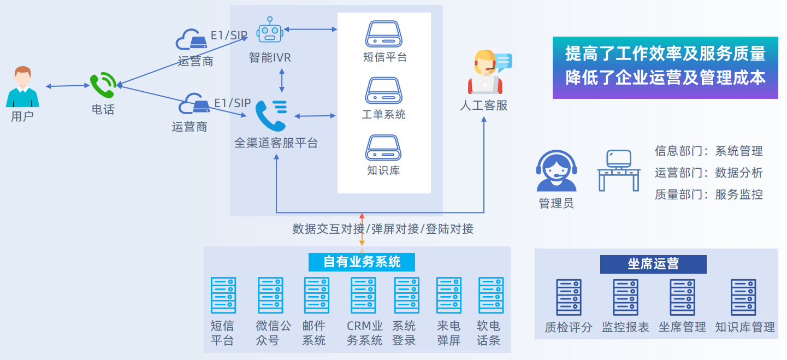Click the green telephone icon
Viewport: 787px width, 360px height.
[103, 85]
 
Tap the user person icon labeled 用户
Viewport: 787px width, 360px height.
[22, 87]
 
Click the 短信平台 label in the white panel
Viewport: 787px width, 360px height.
[384, 57]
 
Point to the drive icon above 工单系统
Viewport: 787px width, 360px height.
[383, 91]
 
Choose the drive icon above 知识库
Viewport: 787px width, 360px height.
[383, 147]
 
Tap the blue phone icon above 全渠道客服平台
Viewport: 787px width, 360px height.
[271, 115]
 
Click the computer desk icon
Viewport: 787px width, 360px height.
[618, 170]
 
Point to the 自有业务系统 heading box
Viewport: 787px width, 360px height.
[362, 262]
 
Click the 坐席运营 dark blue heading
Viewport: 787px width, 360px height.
[653, 264]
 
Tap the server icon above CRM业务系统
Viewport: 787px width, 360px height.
[363, 296]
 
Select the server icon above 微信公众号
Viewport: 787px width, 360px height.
[271, 296]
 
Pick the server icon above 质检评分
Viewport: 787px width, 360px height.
[569, 298]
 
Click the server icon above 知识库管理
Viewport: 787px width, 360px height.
[743, 298]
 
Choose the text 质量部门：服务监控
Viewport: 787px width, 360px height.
[708, 194]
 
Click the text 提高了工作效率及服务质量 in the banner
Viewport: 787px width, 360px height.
[665, 54]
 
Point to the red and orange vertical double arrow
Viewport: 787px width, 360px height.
[362, 229]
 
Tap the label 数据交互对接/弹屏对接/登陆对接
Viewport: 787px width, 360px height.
[382, 229]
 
